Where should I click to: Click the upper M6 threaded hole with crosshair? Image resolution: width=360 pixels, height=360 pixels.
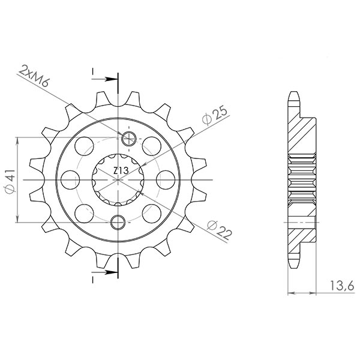pos(128,140)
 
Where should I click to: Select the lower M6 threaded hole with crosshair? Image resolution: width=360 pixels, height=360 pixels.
pos(119,221)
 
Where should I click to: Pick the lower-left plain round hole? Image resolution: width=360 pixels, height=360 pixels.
pos(83,212)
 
